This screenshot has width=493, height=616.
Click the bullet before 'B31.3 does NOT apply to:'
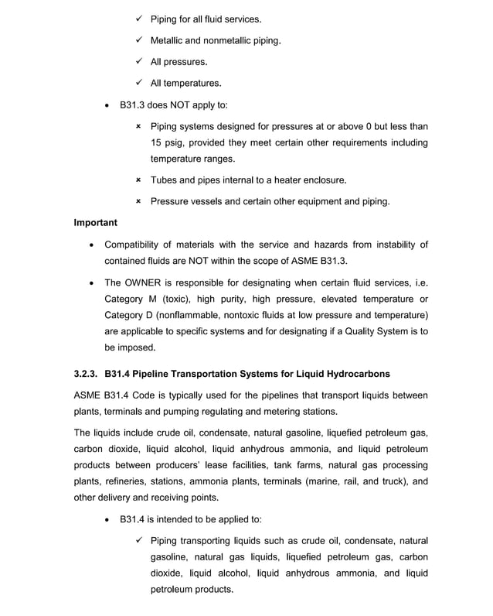coord(107,104)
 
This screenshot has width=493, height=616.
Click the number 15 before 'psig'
coord(157,142)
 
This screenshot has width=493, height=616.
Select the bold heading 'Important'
coord(95,223)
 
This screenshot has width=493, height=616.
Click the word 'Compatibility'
coord(138,245)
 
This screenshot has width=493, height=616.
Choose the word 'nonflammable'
coord(195,315)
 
